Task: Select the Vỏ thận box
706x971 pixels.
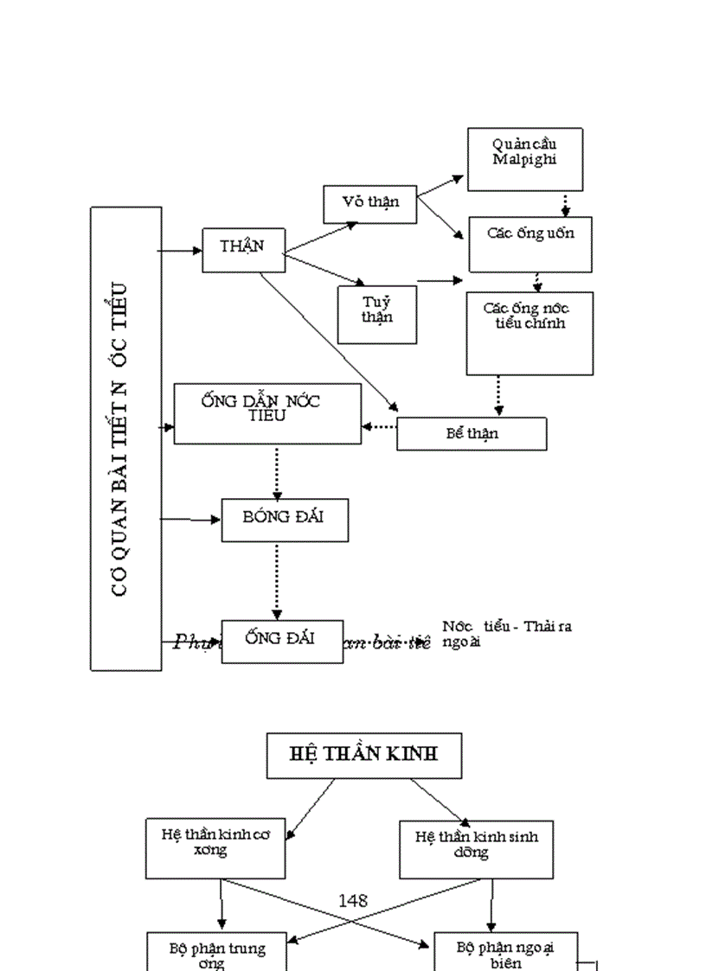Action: click(x=369, y=204)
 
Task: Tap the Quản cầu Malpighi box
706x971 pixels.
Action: click(x=524, y=159)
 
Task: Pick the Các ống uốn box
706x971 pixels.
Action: click(x=530, y=245)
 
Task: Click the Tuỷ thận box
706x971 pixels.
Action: click(x=376, y=314)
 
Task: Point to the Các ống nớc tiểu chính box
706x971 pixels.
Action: click(x=529, y=333)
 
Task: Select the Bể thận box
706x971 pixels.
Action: click(x=472, y=434)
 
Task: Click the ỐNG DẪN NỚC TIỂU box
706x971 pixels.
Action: click(x=267, y=414)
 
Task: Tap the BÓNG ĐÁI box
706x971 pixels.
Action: click(x=285, y=521)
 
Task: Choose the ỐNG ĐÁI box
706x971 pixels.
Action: click(x=281, y=641)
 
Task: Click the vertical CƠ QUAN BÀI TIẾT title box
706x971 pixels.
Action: click(x=126, y=438)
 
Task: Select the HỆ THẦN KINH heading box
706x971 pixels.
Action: click(x=363, y=755)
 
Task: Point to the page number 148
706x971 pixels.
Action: click(x=353, y=900)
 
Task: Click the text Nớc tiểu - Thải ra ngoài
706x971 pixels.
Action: click(x=506, y=634)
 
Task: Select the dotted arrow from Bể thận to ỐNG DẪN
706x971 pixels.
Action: click(x=379, y=426)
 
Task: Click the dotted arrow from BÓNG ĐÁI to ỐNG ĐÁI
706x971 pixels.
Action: click(x=277, y=580)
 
